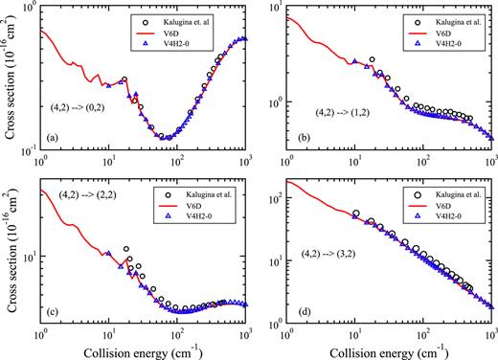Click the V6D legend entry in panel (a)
click(188, 32)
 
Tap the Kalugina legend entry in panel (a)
click(193, 19)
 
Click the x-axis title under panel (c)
click(134, 350)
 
